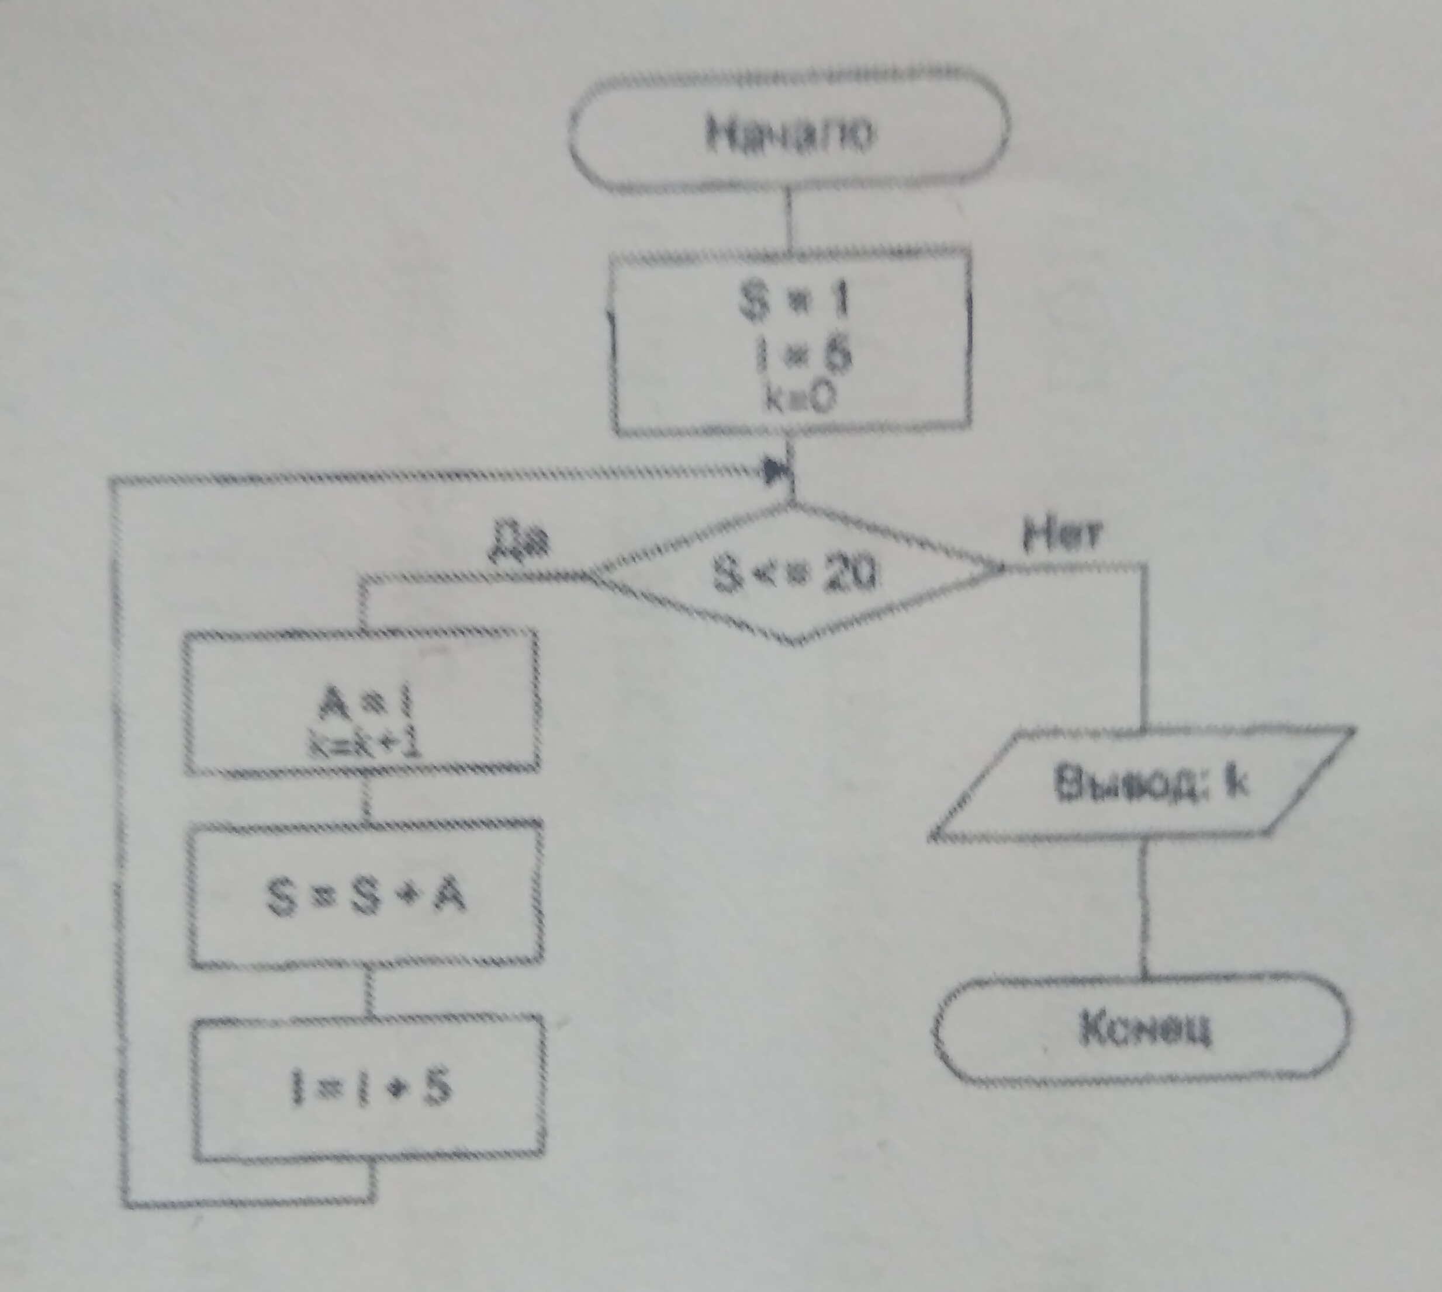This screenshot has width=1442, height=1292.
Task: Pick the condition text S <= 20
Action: (794, 576)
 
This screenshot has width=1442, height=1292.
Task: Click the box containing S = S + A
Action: (366, 894)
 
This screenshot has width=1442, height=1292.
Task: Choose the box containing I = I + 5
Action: (369, 1088)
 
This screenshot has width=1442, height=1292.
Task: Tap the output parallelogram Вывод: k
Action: (1142, 784)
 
